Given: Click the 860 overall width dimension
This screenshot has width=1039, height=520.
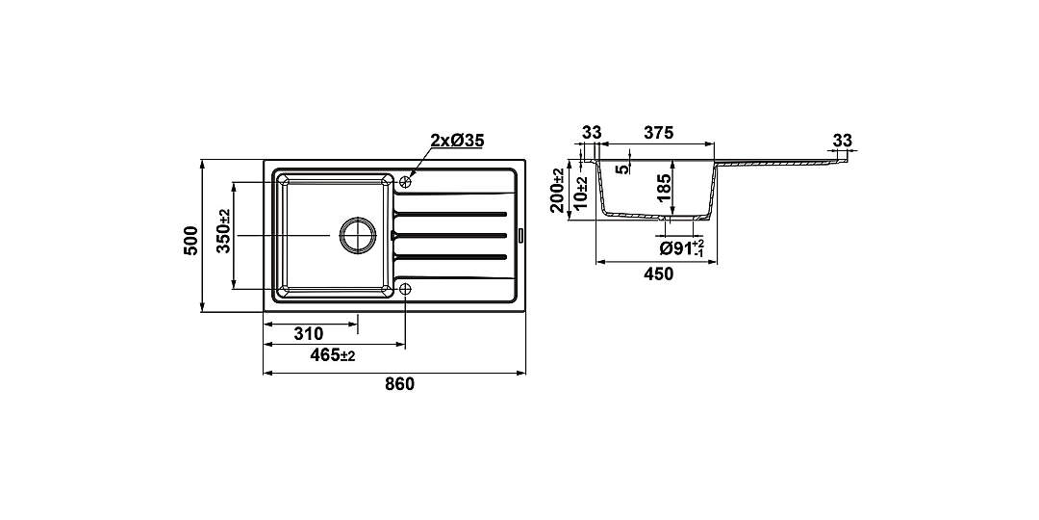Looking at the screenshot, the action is [x=399, y=384].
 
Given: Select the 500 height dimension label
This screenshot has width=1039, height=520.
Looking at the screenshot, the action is [x=190, y=240].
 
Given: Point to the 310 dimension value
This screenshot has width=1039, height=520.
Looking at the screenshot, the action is [x=308, y=333].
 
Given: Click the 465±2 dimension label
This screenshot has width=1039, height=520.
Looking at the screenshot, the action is [x=333, y=355].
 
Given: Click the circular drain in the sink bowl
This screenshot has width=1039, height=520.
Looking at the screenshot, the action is [x=358, y=235].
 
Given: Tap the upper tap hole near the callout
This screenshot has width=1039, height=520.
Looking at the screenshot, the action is [x=406, y=180].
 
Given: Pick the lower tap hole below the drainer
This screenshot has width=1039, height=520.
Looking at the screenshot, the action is [x=406, y=289].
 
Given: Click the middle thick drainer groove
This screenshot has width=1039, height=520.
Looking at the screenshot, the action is [x=450, y=235].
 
